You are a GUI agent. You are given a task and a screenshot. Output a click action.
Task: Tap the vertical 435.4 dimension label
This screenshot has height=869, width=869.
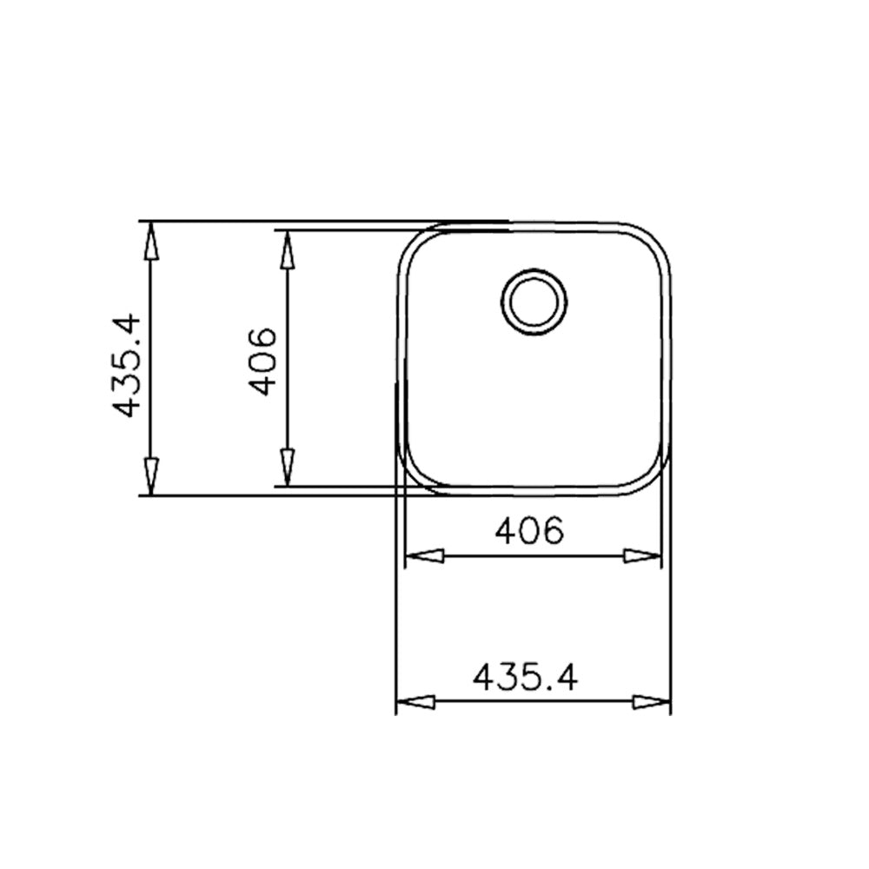tap(126, 365)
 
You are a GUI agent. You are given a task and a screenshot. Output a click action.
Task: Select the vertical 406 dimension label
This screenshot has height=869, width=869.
tap(262, 362)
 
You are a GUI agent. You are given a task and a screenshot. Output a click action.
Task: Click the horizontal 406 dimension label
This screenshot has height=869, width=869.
tap(528, 531)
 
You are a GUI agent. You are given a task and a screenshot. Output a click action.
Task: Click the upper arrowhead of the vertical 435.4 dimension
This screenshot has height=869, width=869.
tap(151, 241)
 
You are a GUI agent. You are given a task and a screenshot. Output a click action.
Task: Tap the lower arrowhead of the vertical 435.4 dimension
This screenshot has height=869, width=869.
tap(151, 476)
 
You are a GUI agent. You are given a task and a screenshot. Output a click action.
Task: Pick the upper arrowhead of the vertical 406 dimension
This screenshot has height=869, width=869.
tap(287, 249)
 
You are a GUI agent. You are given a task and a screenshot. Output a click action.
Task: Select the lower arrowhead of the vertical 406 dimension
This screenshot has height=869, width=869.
tap(287, 468)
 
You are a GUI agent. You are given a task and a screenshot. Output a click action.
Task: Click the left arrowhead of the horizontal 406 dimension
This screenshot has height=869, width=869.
tap(425, 556)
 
